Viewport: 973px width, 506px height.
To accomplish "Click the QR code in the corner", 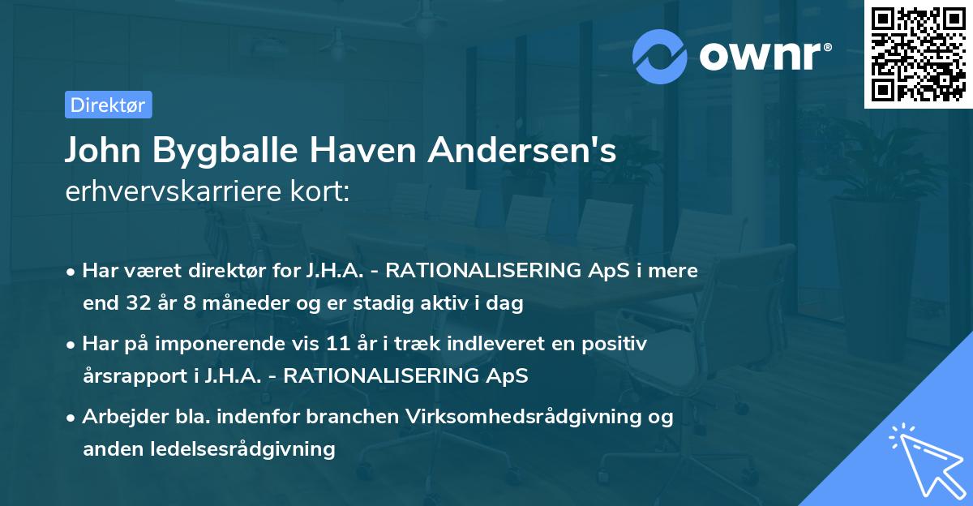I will click(917, 55).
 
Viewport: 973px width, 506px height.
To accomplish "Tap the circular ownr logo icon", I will click(660, 56).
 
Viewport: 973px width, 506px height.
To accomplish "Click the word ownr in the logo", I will click(763, 56).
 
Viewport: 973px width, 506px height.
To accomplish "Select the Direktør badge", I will click(108, 105).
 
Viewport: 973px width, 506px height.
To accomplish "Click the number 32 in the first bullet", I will click(138, 304).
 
